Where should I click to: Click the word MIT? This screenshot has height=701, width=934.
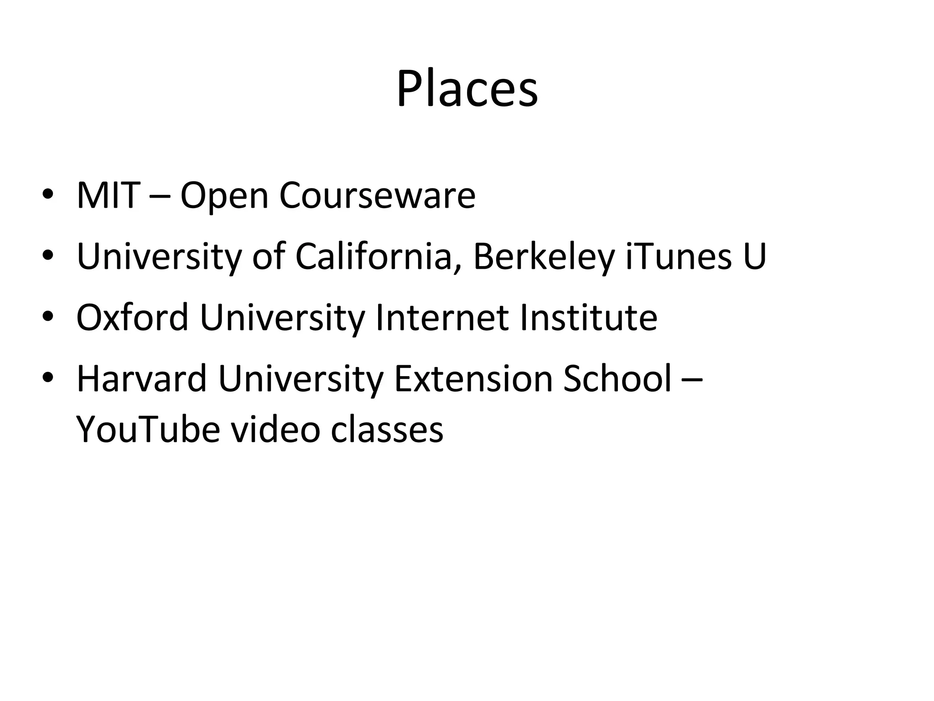click(x=108, y=195)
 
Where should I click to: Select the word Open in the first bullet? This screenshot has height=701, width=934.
click(x=224, y=196)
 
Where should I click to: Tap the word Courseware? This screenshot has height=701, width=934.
click(x=377, y=195)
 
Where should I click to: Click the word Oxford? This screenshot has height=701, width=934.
click(x=132, y=317)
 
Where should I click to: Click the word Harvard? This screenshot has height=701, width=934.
click(x=141, y=378)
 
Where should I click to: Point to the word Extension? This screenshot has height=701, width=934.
click(x=473, y=378)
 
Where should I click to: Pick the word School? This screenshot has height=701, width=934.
click(x=617, y=378)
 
